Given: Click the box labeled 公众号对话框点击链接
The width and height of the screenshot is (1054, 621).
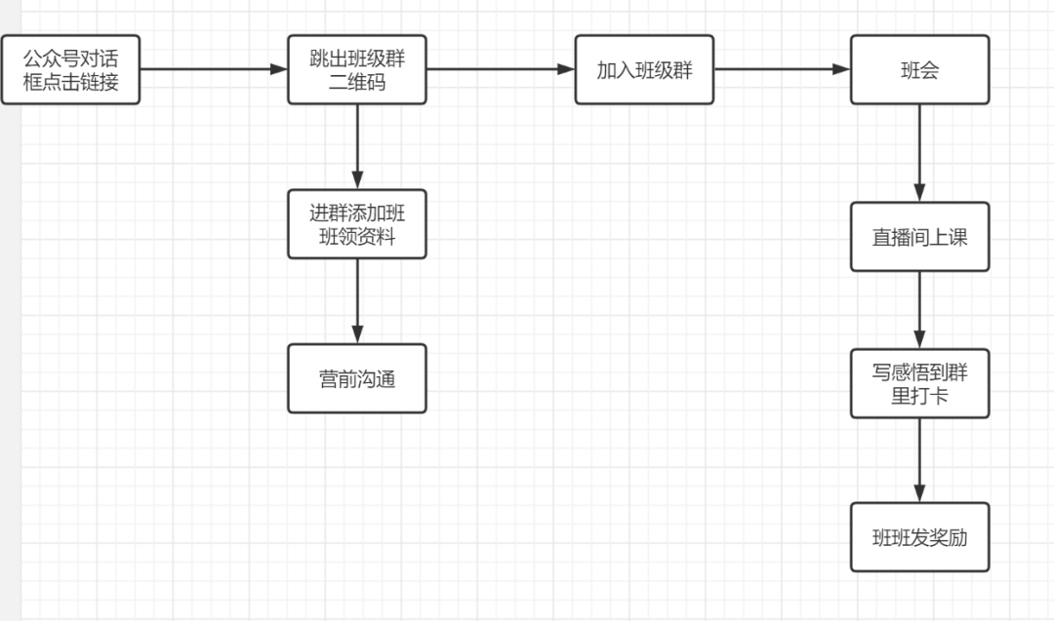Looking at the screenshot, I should pos(70,69).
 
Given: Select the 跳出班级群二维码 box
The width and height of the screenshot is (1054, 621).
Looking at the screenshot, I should pos(357,69).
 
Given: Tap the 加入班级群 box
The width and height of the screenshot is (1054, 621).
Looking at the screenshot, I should pos(644,69).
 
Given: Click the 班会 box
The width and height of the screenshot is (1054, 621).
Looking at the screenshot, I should pos(919,69).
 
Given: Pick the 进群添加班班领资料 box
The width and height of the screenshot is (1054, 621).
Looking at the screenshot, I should pos(357,223).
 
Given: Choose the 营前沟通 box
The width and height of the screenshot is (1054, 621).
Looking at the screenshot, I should pos(357,378).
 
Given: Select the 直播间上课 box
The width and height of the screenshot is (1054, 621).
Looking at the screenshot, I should pos(919,237).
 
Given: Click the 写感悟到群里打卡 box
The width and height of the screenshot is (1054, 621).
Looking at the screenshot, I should pos(919,383).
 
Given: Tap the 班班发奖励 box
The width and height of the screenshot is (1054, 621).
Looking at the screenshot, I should pos(919,537).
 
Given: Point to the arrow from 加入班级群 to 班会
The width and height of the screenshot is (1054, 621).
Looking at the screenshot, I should pos(781,69).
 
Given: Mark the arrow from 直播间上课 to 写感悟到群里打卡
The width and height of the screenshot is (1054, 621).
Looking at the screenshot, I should pos(919,309).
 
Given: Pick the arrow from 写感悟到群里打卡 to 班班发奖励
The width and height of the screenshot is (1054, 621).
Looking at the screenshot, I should pos(919,459).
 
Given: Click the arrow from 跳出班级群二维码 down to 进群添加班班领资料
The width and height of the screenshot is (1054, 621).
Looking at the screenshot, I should pos(357,146).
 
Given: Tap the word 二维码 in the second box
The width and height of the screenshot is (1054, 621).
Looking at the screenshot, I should pos(357,83).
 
